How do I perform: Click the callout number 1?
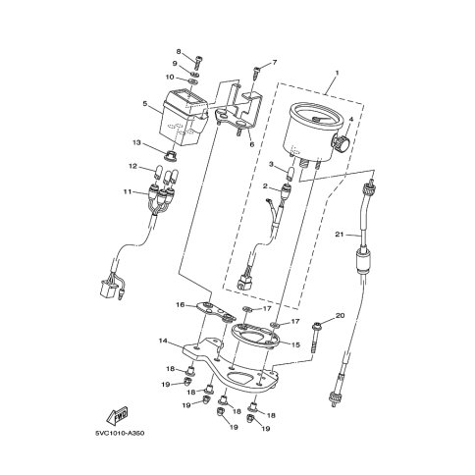(337, 72)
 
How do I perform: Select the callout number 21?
(340, 235)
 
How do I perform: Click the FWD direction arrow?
(118, 415)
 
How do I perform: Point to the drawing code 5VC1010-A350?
(120, 433)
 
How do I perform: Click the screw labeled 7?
(256, 73)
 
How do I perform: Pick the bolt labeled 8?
(198, 62)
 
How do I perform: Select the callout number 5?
(145, 103)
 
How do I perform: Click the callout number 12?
(132, 166)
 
